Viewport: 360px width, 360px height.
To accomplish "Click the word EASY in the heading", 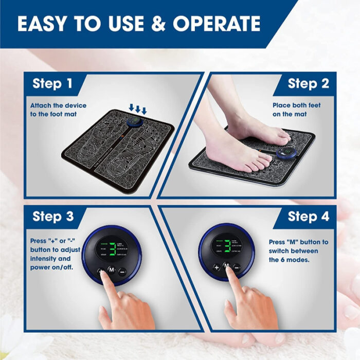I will click(x=41, y=24).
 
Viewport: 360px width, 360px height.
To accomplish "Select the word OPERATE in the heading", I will click(x=217, y=24).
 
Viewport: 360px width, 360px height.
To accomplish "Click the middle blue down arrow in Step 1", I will click(x=138, y=109).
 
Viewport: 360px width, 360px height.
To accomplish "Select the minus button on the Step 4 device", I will click(x=237, y=267).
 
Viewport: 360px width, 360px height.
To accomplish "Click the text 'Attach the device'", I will click(x=58, y=105).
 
